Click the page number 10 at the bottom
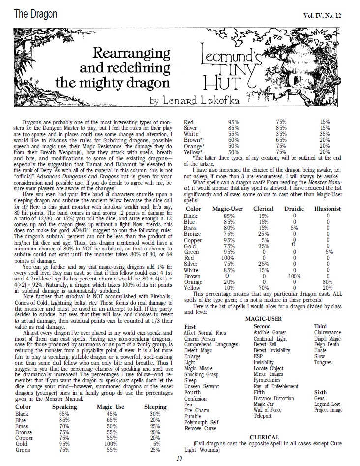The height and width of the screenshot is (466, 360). tap(180, 459)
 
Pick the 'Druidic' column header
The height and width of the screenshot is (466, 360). tap(293, 209)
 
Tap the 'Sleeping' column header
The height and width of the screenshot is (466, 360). tap(155, 407)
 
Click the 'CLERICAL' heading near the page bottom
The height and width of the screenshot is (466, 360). tap(264, 437)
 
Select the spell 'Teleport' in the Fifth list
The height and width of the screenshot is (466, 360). tap(262, 416)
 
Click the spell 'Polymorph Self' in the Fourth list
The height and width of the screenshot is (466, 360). tap(201, 422)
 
